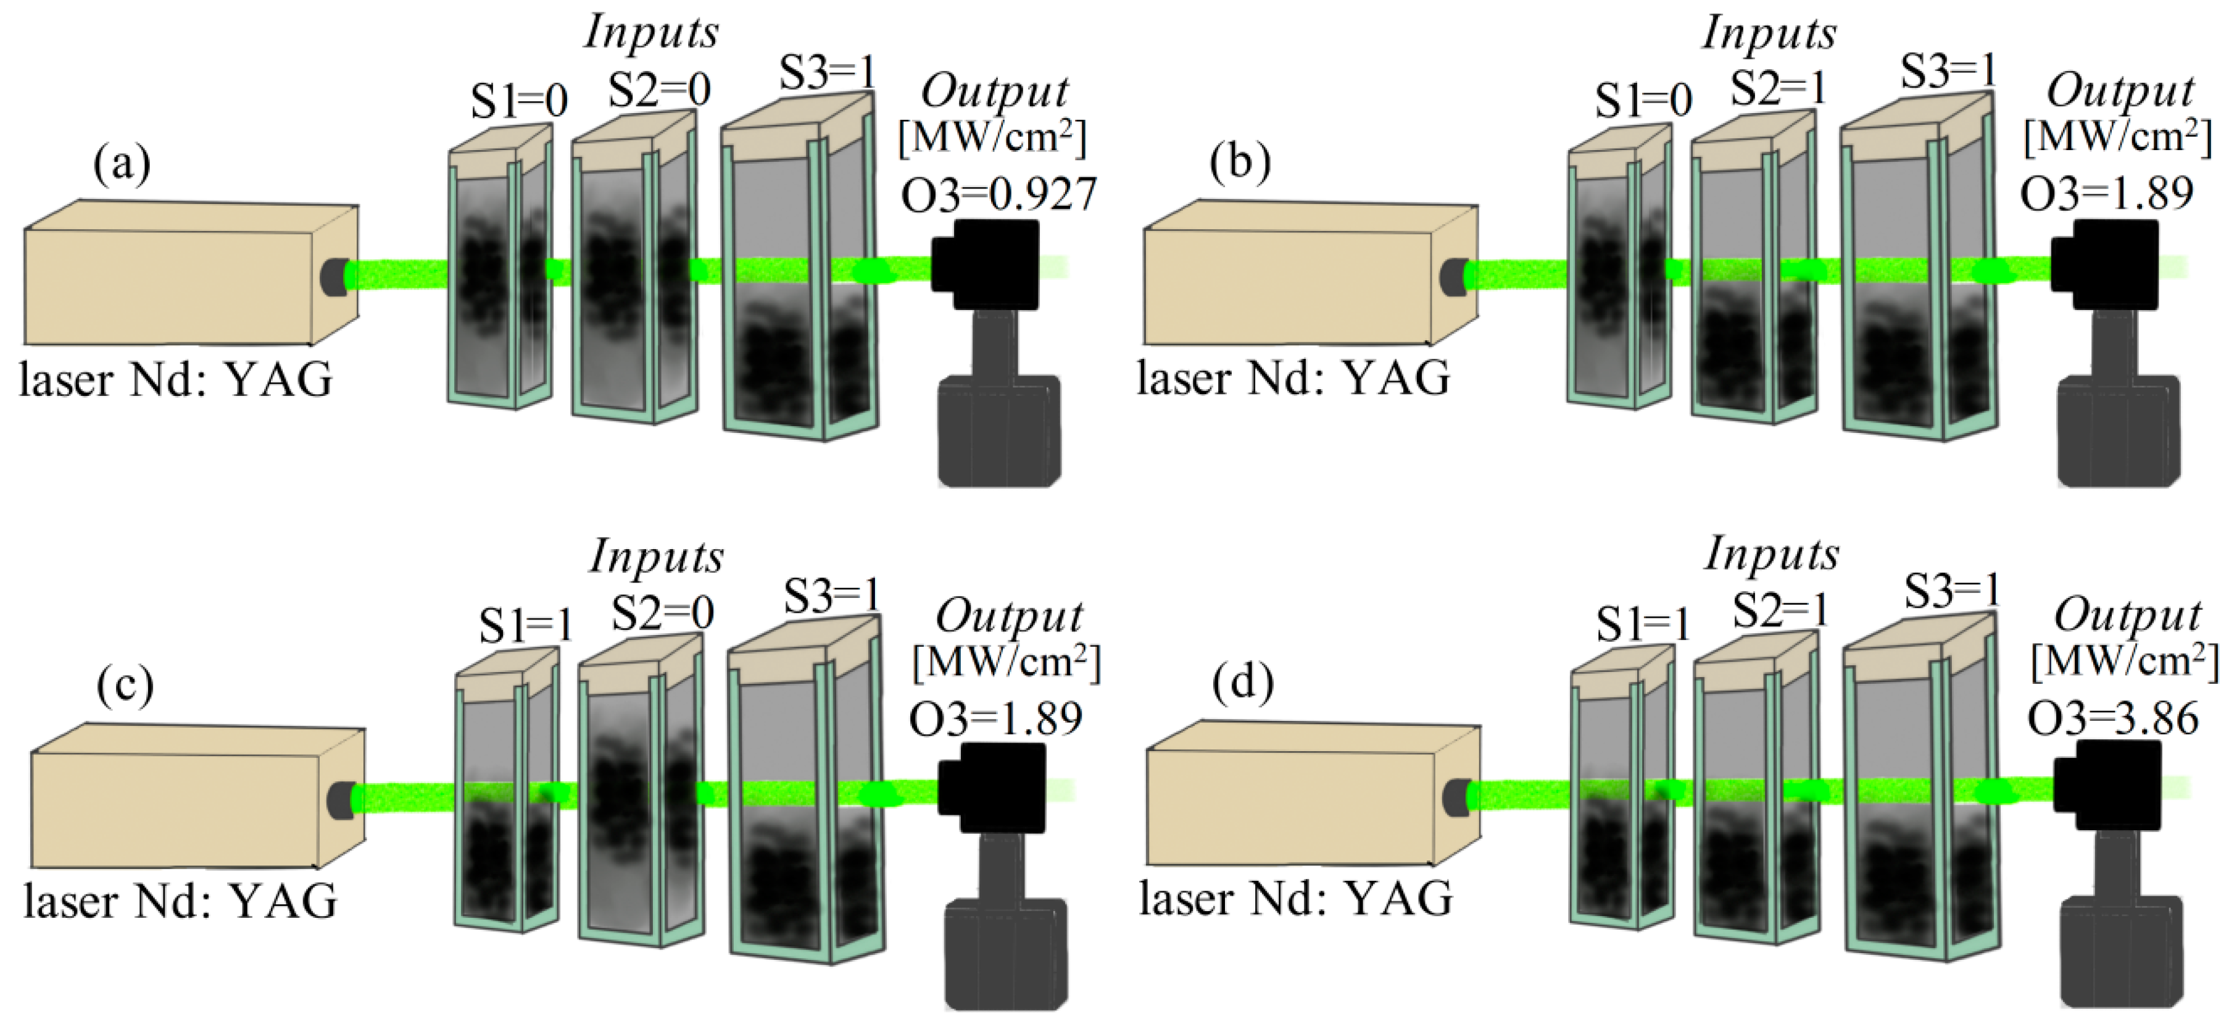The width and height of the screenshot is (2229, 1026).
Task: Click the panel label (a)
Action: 122,164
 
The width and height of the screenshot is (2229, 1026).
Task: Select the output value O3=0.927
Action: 998,194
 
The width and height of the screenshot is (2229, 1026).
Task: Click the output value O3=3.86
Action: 2113,718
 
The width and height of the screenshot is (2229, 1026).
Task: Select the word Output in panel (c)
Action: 1009,616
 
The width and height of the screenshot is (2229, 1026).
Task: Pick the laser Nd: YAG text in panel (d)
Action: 1295,899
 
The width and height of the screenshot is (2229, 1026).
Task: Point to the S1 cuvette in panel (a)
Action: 499,277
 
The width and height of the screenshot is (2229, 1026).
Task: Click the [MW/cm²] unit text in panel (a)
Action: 992,138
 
